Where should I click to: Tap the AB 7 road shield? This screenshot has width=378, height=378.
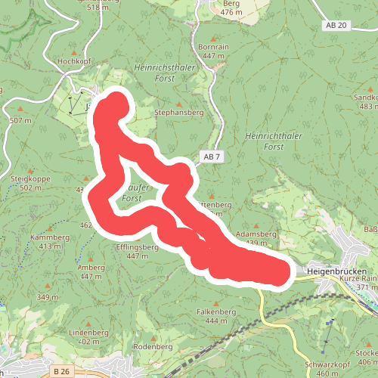(212, 156)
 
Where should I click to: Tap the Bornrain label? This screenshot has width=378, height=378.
(212, 46)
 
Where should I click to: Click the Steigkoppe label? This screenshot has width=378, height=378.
(30, 178)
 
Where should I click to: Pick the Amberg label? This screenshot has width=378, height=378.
(91, 267)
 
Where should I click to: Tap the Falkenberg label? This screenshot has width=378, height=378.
(211, 311)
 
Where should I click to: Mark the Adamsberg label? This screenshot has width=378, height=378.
(256, 234)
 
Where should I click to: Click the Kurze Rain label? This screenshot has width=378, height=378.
(358, 279)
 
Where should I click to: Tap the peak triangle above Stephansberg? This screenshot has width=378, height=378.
(178, 103)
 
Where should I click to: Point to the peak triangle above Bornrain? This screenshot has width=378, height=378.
(214, 37)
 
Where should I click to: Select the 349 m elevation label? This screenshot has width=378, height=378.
(47, 297)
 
